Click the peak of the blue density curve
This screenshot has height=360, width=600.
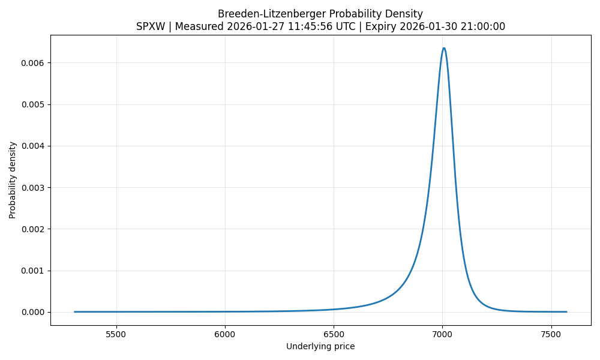coord(443,48)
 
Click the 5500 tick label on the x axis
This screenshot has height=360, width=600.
coord(116,334)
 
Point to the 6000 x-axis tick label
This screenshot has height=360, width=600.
coord(225,334)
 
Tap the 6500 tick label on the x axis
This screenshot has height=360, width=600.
coord(334,334)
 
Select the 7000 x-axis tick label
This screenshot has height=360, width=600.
coord(442,334)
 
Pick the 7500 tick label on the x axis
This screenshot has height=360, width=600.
coord(551,334)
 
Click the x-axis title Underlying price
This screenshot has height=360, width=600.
coord(320,347)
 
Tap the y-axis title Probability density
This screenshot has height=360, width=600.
coord(13,180)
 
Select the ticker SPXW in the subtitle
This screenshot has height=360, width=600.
coord(152,27)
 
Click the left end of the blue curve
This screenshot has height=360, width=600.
coord(74,312)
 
